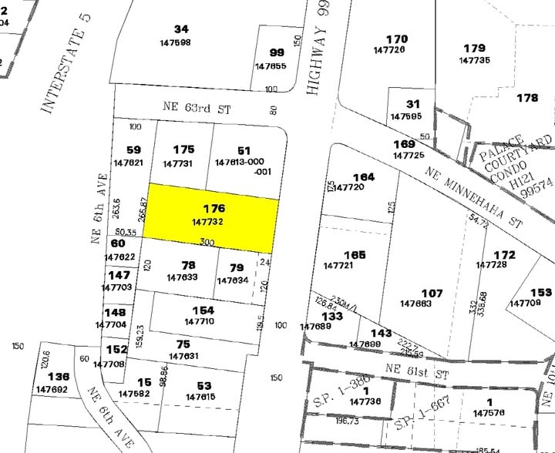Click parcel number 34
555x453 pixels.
181,30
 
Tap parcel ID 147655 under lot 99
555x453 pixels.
271,66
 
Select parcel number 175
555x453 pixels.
183,149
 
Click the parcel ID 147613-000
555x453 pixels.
240,163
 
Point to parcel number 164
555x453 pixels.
363,177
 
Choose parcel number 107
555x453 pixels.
432,293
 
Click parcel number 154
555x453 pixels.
204,310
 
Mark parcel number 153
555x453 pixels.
541,292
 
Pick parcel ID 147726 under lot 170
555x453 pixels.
388,49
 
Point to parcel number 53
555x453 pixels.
204,385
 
